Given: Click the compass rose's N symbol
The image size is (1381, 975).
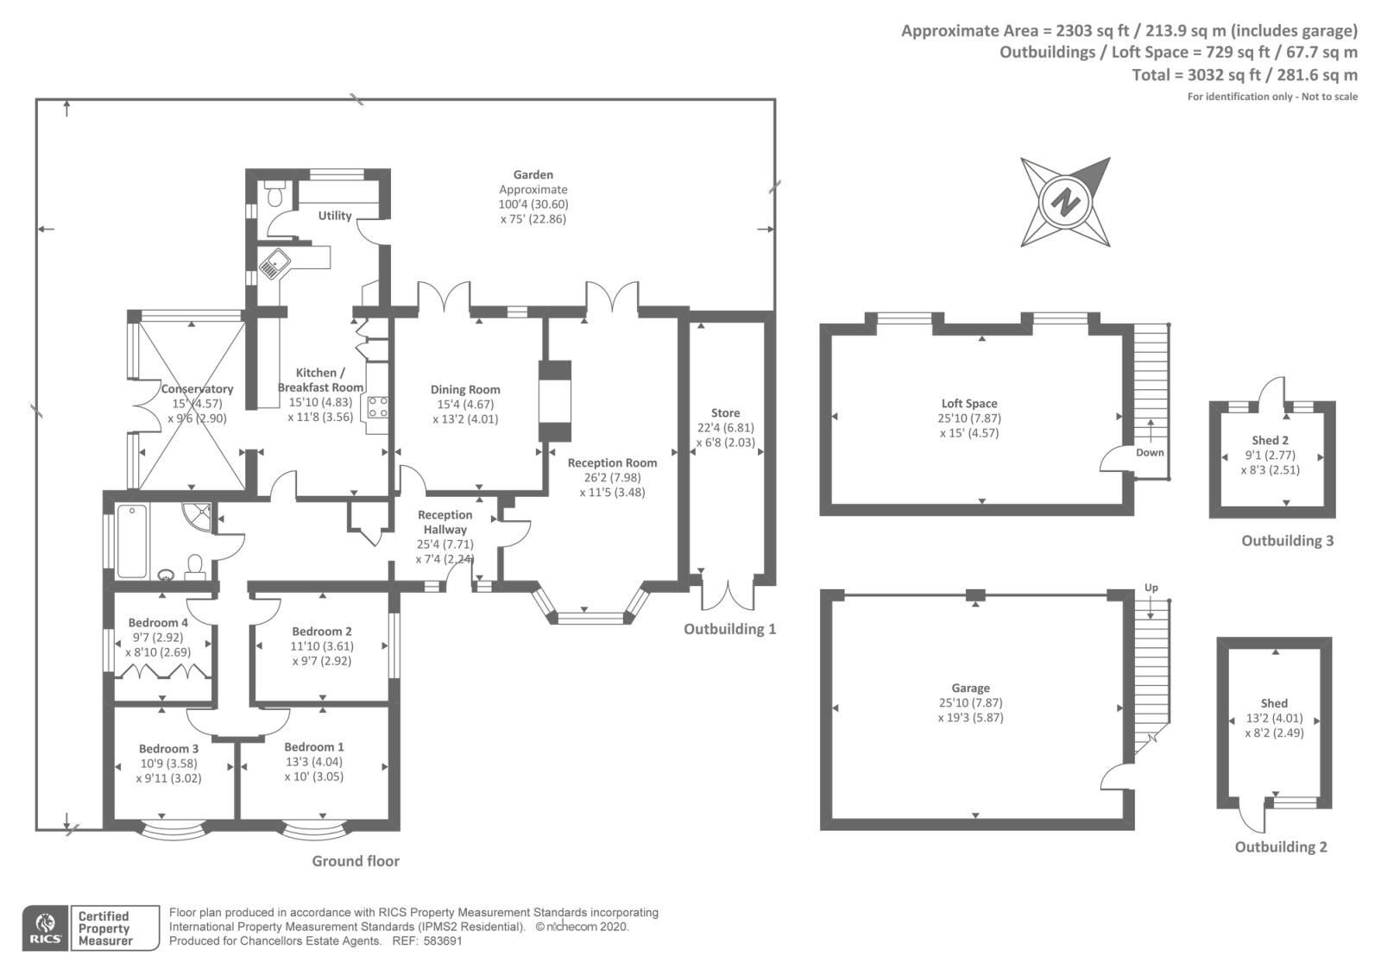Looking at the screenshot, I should [1066, 203].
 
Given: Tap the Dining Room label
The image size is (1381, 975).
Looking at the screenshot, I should [465, 390].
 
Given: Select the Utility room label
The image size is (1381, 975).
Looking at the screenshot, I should [335, 216].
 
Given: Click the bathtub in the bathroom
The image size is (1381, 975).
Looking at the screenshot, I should [132, 541].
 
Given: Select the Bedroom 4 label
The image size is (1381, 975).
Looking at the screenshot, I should [158, 623].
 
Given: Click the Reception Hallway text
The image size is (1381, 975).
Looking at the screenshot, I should [445, 522].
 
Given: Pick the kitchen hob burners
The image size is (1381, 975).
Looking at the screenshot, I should [378, 407].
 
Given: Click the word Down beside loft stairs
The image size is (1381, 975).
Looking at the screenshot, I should [1150, 453].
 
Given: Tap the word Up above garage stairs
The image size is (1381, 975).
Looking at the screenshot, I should [1151, 588].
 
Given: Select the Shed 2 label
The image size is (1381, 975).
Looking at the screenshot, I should [1271, 441].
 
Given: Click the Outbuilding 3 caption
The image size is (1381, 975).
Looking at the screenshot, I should [1287, 541].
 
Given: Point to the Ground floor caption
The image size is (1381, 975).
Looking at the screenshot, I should [356, 861].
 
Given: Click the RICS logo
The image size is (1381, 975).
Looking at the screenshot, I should [46, 928].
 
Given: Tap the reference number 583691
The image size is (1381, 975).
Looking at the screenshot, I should [441, 941].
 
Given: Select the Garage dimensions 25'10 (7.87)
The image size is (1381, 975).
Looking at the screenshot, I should [970, 703].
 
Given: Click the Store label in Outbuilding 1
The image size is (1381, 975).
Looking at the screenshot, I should [725, 413].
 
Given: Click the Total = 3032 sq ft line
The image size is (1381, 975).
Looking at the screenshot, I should [1244, 75].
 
